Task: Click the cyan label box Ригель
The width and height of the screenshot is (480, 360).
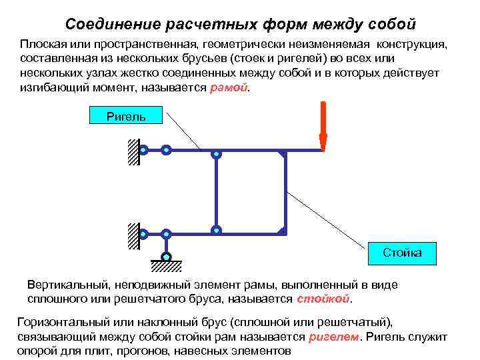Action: point(126,117)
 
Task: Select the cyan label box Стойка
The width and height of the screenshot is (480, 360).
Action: point(401,253)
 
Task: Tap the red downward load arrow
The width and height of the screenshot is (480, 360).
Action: point(323,127)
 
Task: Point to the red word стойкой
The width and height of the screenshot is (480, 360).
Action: point(323,298)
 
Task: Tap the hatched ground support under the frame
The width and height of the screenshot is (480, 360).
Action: point(166,266)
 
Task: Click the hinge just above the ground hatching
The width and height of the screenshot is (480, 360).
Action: point(166,257)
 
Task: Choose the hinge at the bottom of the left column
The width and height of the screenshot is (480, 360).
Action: point(216,230)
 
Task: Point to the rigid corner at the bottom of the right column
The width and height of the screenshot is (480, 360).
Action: point(283,231)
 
